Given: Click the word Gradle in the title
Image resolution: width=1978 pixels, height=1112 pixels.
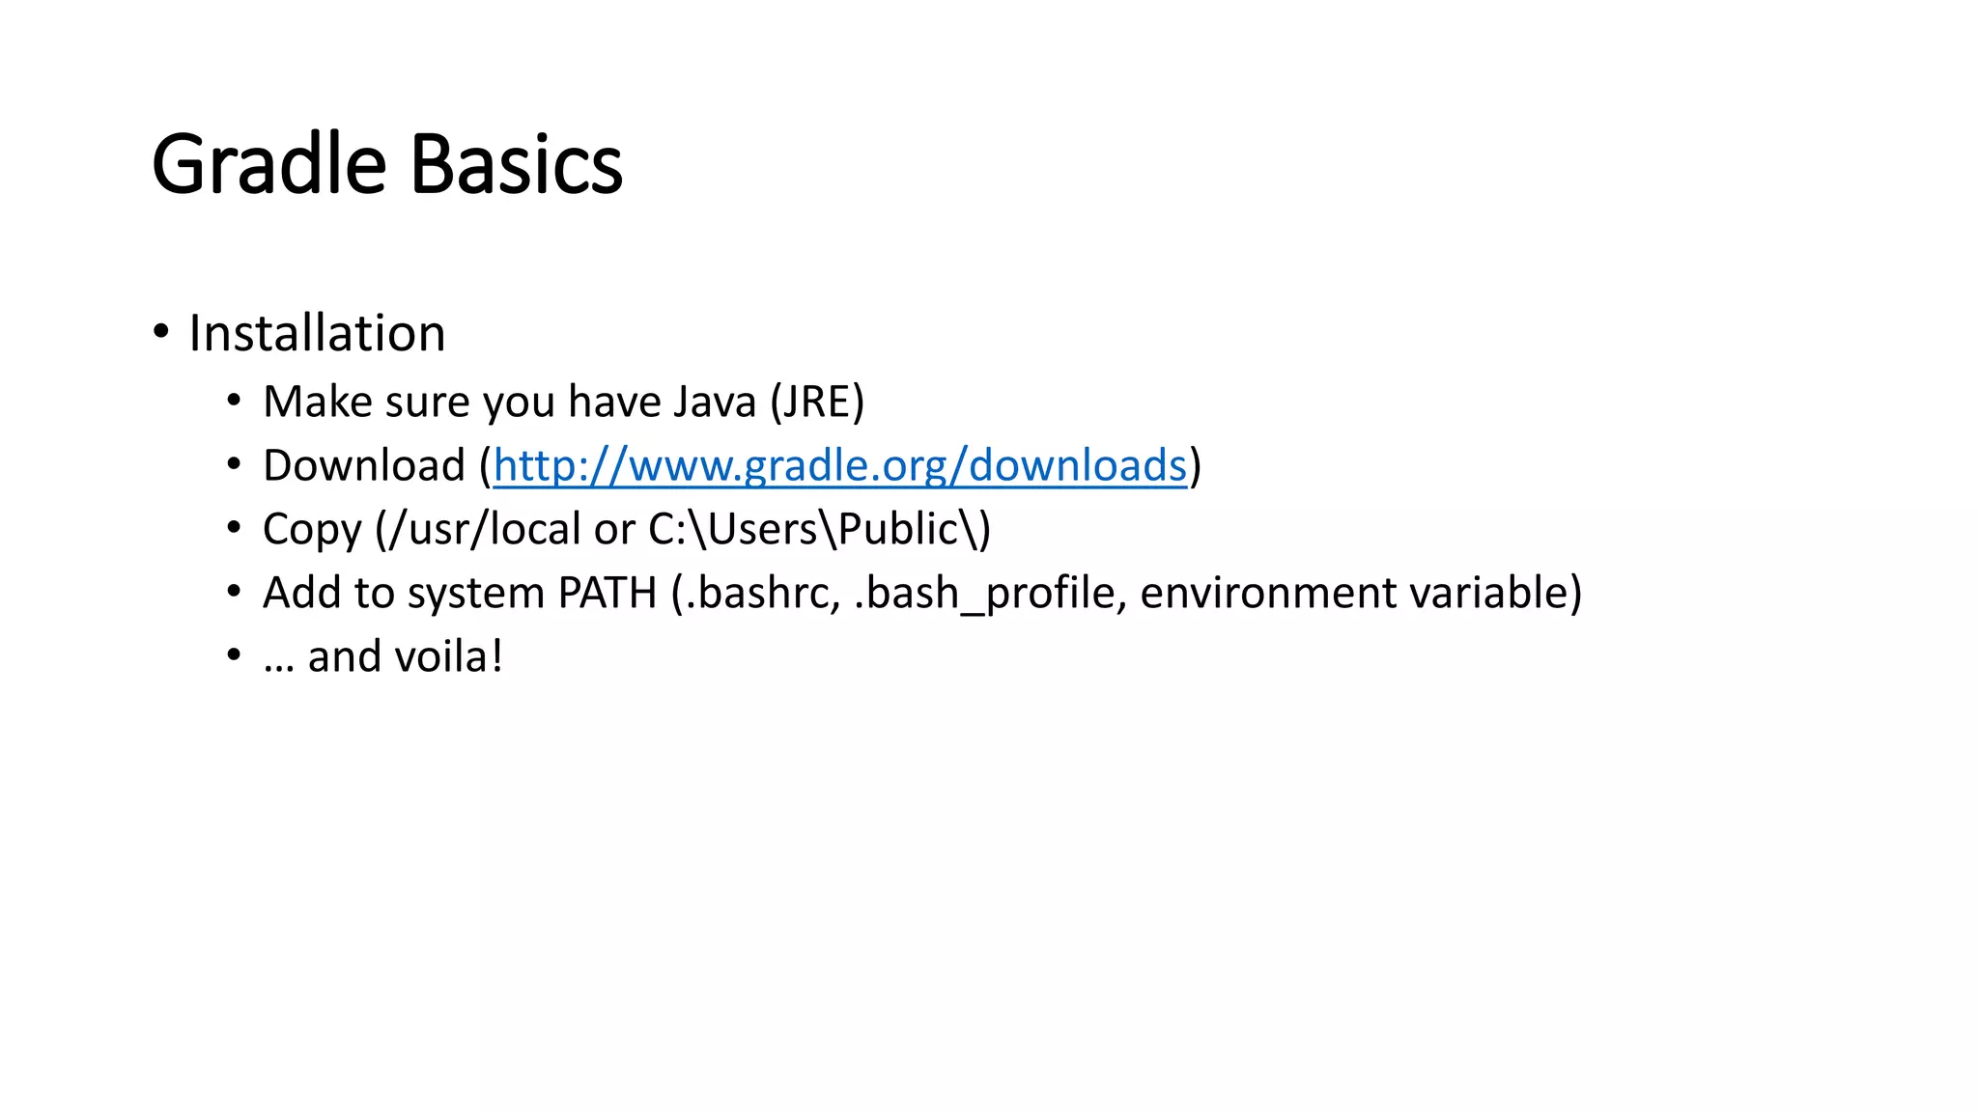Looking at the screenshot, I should click(x=268, y=165).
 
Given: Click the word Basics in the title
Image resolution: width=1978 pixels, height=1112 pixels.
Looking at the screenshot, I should click(x=517, y=165).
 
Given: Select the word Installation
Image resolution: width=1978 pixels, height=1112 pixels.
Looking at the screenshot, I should click(x=317, y=334).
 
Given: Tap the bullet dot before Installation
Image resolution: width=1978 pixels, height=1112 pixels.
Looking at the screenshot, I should click(x=161, y=332).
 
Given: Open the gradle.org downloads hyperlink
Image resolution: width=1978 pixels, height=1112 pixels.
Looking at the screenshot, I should click(x=839, y=466).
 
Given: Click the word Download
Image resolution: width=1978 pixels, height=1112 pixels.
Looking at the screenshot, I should click(x=364, y=466).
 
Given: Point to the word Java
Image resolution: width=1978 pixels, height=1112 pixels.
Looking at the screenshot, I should click(x=714, y=403).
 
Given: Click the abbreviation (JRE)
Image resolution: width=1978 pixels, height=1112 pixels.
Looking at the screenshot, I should click(x=817, y=403).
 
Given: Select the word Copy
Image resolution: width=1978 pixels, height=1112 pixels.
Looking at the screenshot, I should click(x=312, y=530).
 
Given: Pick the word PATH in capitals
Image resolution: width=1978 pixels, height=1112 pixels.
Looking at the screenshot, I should click(x=607, y=594).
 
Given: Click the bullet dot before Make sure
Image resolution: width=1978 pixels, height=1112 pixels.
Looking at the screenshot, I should click(x=234, y=401).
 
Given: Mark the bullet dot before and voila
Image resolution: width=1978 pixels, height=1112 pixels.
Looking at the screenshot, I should click(x=234, y=655).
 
